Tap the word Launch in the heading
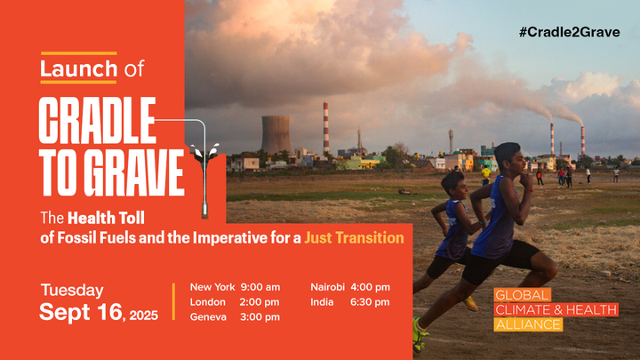(x=78, y=68)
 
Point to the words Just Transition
(x=354, y=238)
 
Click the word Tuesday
(x=71, y=291)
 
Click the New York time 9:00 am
(x=260, y=287)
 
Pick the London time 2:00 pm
(x=260, y=302)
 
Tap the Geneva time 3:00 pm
(x=260, y=317)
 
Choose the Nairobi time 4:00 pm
(x=371, y=287)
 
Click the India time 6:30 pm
(x=371, y=302)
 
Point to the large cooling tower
(x=276, y=134)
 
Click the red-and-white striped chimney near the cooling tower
(x=326, y=129)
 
